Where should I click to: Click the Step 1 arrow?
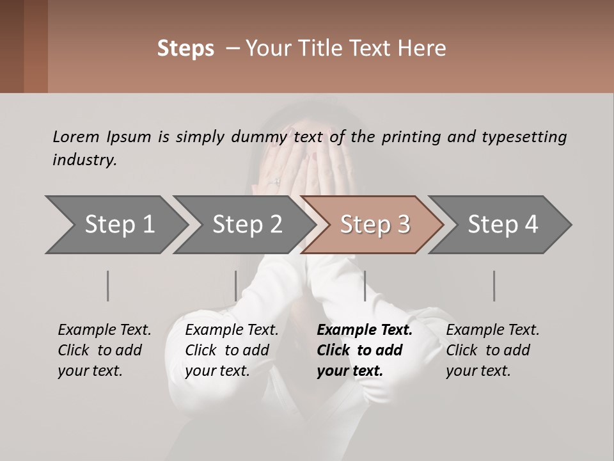(x=119, y=225)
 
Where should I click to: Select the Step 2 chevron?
(x=247, y=225)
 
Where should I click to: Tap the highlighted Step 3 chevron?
(x=375, y=225)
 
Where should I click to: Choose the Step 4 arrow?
(x=503, y=225)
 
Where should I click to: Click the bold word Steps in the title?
(x=185, y=48)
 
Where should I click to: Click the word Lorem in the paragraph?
(x=75, y=136)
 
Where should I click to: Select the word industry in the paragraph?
(x=84, y=160)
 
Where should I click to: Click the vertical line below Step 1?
(x=107, y=286)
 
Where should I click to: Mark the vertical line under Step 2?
(x=235, y=286)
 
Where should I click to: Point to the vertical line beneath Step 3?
(x=365, y=286)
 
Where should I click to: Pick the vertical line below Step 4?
(x=494, y=286)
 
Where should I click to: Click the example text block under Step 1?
(x=104, y=350)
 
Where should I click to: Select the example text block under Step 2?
(x=232, y=350)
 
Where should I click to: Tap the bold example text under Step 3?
(x=364, y=350)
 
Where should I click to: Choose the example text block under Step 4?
(x=492, y=350)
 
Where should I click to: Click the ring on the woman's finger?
(x=277, y=181)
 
